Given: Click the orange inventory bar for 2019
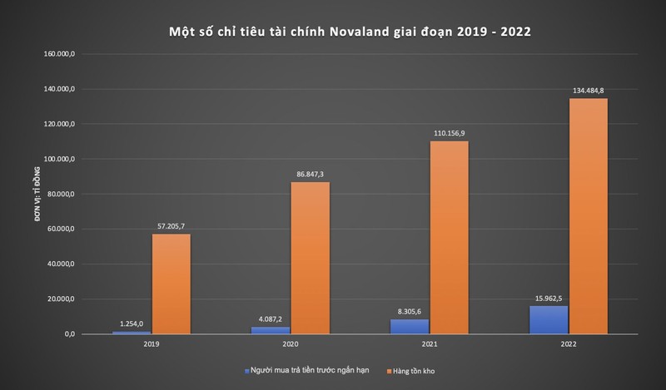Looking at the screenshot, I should [x=171, y=284].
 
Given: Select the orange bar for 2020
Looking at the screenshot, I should [x=310, y=258].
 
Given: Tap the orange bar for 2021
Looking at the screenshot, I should [x=449, y=237].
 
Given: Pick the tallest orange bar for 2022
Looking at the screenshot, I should [x=588, y=216].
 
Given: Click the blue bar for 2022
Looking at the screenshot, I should [x=549, y=319].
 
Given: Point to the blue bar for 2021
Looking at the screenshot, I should [x=410, y=326].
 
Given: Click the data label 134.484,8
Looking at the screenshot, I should [x=588, y=91].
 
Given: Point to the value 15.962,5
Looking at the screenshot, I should [x=549, y=298].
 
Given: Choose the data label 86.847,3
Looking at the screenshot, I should [x=310, y=174].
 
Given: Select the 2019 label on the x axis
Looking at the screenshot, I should [x=151, y=343].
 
